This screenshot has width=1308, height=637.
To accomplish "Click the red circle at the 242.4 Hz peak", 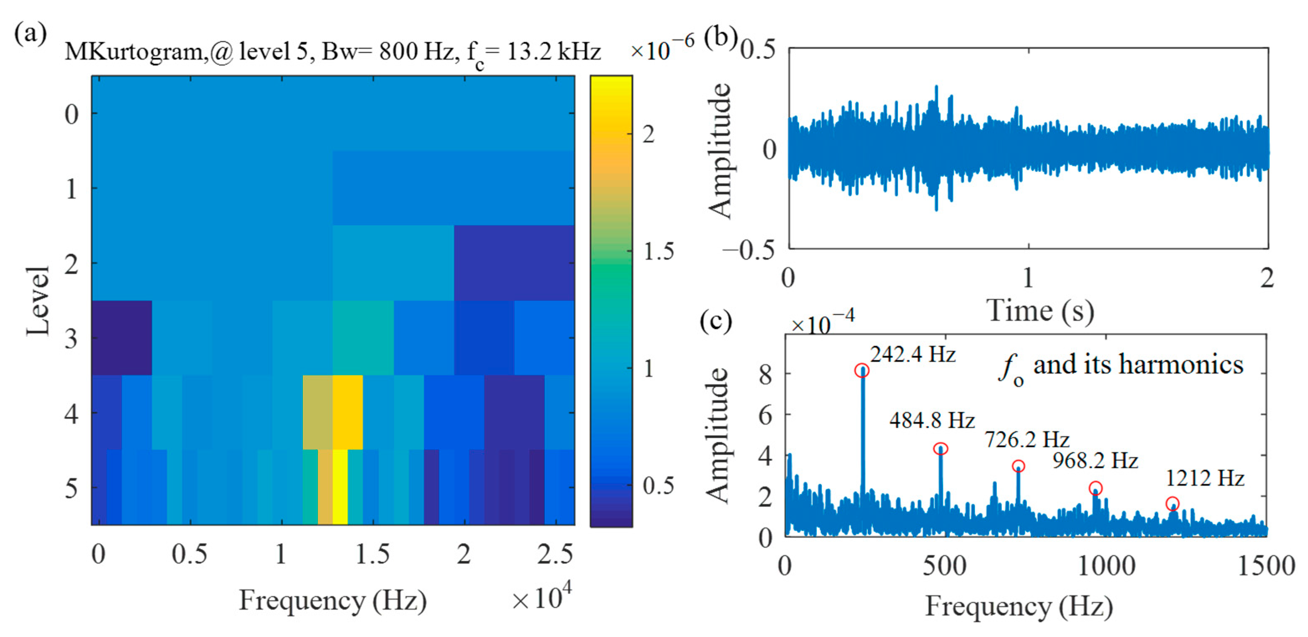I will [862, 371].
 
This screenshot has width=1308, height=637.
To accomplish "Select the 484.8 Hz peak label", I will [932, 421].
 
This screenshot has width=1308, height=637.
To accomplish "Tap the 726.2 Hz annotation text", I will [1027, 439].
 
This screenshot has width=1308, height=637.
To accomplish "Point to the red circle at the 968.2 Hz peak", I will [1095, 489].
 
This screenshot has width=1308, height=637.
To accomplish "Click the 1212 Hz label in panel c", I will [1204, 478].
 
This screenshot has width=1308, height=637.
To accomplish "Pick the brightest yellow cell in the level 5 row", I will [340, 487].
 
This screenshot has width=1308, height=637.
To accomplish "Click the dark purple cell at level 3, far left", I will [121, 337].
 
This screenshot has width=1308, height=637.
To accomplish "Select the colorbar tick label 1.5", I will [658, 252].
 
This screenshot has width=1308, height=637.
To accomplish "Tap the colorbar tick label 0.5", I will [658, 485].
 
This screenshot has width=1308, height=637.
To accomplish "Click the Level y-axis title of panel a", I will [38, 301].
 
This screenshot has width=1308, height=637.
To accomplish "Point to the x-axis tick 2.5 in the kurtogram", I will [555, 554].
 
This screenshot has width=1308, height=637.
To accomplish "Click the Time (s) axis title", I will [1039, 311].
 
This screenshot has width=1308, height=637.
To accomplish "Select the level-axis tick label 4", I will [71, 414].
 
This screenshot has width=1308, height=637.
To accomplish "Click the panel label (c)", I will [716, 321].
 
